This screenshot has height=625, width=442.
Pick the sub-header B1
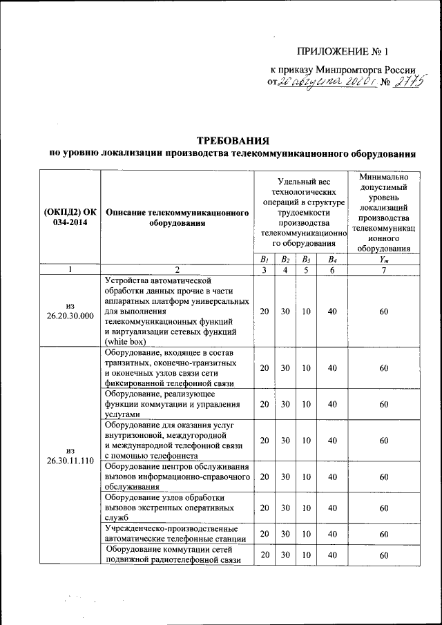click(x=264, y=259)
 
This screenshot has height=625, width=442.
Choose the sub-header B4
click(x=332, y=259)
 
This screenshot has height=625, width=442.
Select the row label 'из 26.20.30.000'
click(x=70, y=311)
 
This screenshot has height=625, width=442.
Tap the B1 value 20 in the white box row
click(x=264, y=311)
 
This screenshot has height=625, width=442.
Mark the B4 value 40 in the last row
click(x=332, y=555)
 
